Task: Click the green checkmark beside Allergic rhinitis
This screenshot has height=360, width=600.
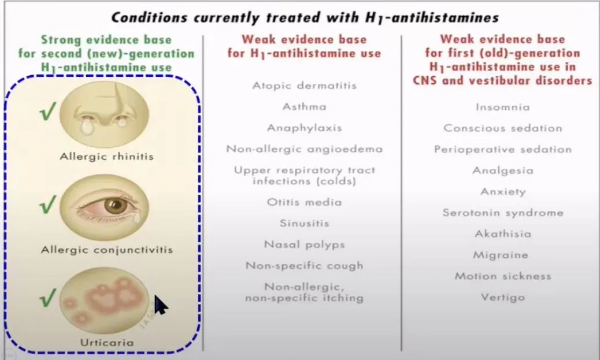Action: (x=48, y=112)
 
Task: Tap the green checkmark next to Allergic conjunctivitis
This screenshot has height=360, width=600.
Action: (x=48, y=204)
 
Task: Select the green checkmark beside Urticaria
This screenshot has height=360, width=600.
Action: (x=48, y=299)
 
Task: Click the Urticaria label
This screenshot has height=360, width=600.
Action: (x=106, y=343)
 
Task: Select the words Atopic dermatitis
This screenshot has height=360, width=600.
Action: (x=304, y=86)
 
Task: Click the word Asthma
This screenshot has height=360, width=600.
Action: (x=304, y=106)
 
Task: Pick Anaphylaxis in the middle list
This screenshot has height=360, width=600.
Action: (x=304, y=128)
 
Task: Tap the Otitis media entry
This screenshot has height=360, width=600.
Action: (x=304, y=202)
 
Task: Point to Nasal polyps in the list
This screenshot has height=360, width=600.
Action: (x=304, y=244)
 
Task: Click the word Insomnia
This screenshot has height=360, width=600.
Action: (x=502, y=107)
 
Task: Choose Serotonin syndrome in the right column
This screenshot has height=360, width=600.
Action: (x=502, y=213)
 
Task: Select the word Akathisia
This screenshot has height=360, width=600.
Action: (x=502, y=234)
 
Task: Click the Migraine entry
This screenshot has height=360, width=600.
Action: (x=502, y=255)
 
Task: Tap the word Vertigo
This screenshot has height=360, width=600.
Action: (x=502, y=298)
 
